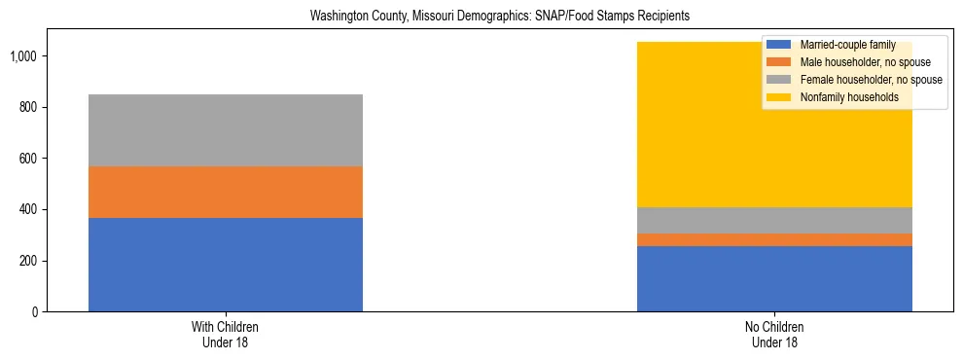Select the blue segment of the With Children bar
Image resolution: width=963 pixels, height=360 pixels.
coord(226,265)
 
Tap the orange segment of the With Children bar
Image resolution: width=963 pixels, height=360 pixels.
coord(226,192)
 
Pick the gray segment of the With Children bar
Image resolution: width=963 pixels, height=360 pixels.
coord(226,130)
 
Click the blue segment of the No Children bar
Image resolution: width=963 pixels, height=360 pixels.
coord(774,278)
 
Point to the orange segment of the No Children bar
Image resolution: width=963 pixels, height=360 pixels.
coord(774,239)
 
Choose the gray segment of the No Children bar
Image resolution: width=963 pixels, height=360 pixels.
coord(774,220)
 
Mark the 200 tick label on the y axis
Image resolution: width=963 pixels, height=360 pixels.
coord(30,261)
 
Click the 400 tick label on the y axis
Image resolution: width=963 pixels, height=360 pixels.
coord(30,209)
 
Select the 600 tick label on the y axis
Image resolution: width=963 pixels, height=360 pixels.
coord(30,158)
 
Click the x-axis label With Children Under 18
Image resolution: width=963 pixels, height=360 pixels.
coord(226,335)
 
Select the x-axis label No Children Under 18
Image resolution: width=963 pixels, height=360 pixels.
coord(774,335)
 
